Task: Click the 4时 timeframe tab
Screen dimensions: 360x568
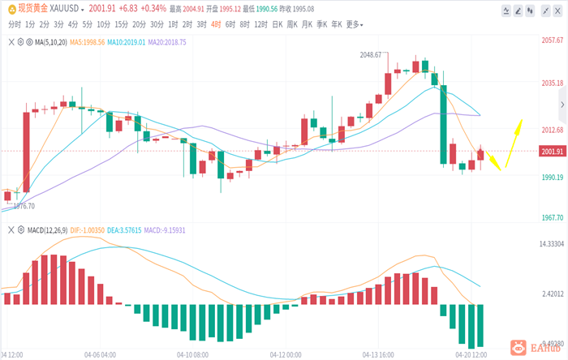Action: [215, 24]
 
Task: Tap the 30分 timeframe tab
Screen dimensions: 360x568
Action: [157, 24]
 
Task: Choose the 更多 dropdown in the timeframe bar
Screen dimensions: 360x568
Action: [354, 24]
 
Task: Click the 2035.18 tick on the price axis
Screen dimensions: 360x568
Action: [553, 83]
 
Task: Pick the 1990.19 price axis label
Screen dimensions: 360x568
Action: [553, 177]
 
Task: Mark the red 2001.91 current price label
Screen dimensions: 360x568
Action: [553, 151]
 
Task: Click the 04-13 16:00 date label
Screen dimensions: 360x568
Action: [377, 354]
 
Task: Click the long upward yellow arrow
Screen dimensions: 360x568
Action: [512, 142]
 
